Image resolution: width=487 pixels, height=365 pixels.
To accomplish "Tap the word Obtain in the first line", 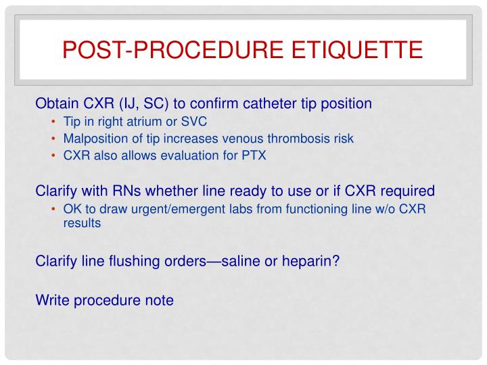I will (56, 104).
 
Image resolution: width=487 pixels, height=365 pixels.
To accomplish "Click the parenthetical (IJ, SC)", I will (145, 104).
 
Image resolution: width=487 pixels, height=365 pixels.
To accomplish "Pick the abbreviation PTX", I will (254, 155).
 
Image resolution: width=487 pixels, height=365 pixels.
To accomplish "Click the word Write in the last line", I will (51, 299).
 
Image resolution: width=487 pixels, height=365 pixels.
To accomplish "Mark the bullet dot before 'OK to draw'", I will (55, 209).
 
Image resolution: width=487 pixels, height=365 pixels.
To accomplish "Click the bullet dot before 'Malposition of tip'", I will (55, 139).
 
